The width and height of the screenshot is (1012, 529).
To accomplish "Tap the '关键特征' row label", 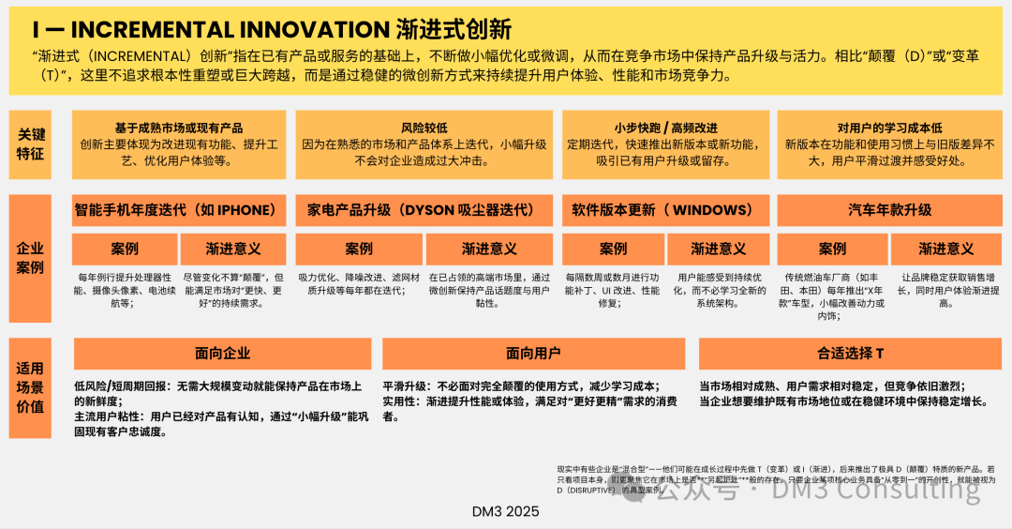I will click(x=31, y=144).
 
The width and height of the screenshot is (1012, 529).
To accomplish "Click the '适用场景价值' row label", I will click(x=31, y=387).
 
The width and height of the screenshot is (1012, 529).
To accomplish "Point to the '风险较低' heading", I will click(x=424, y=128).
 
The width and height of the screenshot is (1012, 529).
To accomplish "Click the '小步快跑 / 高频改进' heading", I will click(x=665, y=128).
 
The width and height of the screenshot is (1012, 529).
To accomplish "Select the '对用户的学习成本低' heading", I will click(x=889, y=128).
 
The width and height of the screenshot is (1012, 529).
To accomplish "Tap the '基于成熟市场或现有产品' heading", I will click(x=179, y=128).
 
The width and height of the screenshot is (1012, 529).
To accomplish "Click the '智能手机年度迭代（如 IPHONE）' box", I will click(x=179, y=210).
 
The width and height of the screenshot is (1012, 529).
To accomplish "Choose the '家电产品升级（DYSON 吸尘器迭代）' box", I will click(x=423, y=210).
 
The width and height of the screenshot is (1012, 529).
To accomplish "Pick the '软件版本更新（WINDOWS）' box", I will click(x=665, y=210).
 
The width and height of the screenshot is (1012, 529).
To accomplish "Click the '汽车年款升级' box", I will click(x=889, y=210).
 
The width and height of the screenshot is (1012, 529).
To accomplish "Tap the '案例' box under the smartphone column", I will click(x=125, y=249).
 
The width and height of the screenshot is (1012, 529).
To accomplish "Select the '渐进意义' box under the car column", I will click(x=945, y=249).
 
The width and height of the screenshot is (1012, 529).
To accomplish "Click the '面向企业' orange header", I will click(x=222, y=354).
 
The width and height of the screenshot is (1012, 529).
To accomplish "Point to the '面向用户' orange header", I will click(x=533, y=354).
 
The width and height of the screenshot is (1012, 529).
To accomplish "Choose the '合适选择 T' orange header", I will click(x=850, y=354).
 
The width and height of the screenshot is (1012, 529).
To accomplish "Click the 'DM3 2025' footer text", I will click(x=505, y=512).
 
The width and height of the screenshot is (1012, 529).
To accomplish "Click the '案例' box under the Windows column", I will click(x=613, y=249).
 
